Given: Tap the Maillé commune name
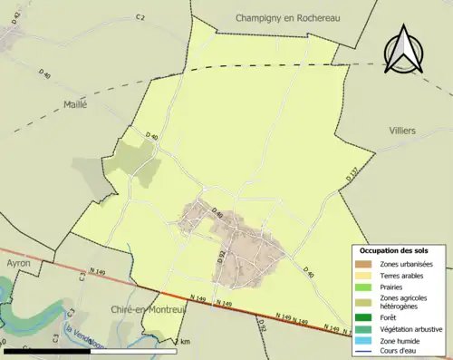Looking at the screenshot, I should point(74,104).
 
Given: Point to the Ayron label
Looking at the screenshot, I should point(18,263).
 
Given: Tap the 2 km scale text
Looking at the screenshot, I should point(183,342).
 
